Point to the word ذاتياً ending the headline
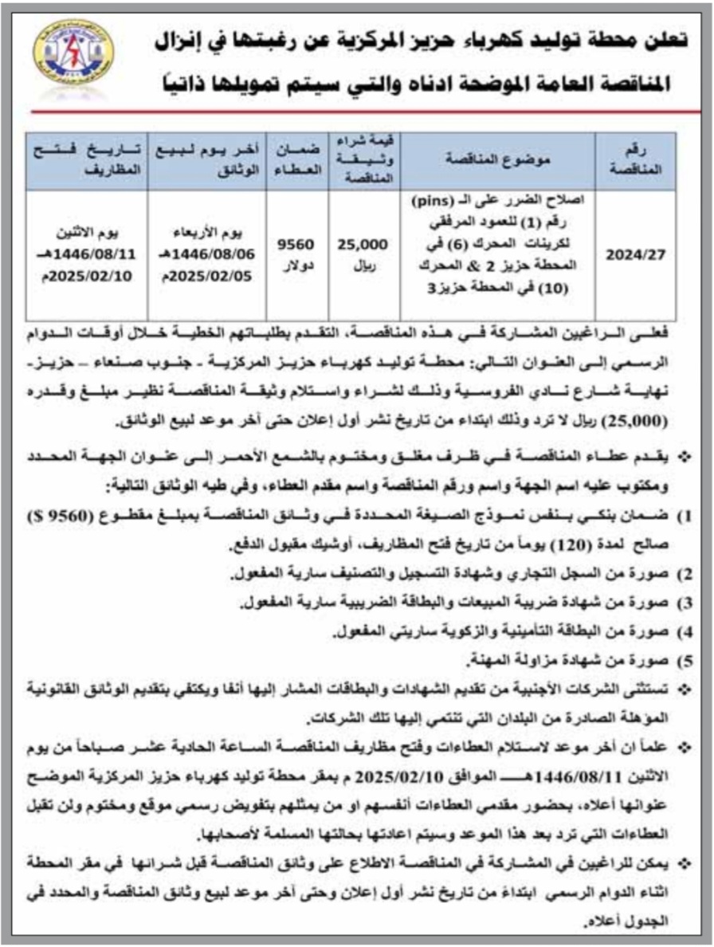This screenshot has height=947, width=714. click(x=171, y=84)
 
